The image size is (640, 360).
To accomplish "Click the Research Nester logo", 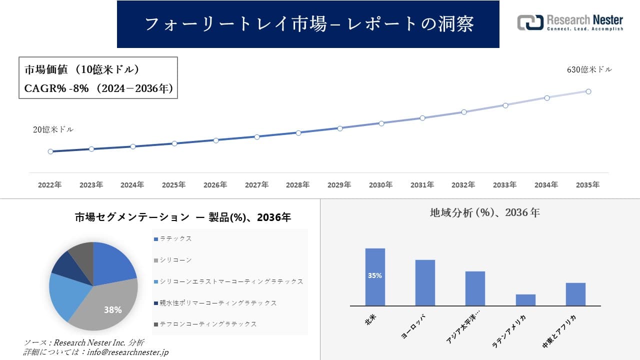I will [570, 22].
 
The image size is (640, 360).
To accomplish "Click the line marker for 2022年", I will [50, 151].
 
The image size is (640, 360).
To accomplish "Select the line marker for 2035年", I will [588, 91].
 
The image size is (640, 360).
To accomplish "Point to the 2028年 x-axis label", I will [298, 185].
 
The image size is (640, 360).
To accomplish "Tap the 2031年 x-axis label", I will [422, 185].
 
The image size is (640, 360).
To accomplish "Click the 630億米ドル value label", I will [589, 70].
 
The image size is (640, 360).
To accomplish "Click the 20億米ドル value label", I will [53, 129].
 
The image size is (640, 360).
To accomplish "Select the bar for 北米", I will [375, 276].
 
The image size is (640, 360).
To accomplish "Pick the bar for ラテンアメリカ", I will [525, 300].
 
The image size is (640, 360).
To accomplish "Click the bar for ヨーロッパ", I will [425, 282].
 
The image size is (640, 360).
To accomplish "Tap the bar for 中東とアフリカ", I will [575, 294].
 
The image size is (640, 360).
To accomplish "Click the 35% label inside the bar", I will [375, 275].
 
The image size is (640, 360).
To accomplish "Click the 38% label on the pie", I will [112, 310].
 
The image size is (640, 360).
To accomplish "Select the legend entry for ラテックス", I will [175, 239].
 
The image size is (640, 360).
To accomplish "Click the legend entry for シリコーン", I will [175, 260].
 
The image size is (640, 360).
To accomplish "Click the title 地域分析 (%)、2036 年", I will [484, 212].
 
